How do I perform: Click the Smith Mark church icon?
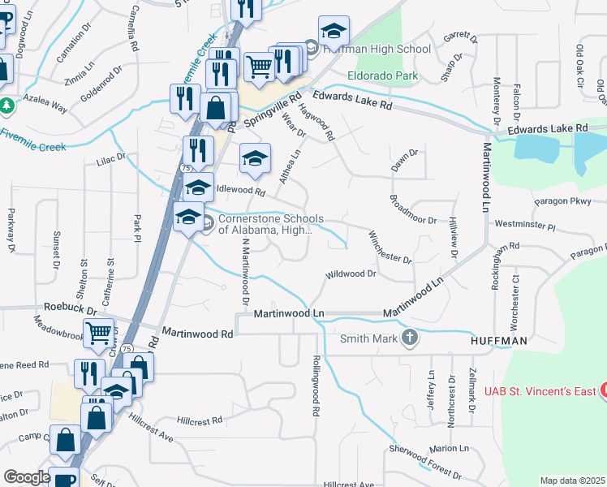[411, 338]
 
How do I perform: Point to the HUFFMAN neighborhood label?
[498, 342]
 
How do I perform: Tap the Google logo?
[27, 477]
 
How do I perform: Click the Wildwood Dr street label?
[351, 274]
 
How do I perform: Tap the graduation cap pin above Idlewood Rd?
[255, 157]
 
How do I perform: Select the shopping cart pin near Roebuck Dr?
[98, 332]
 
